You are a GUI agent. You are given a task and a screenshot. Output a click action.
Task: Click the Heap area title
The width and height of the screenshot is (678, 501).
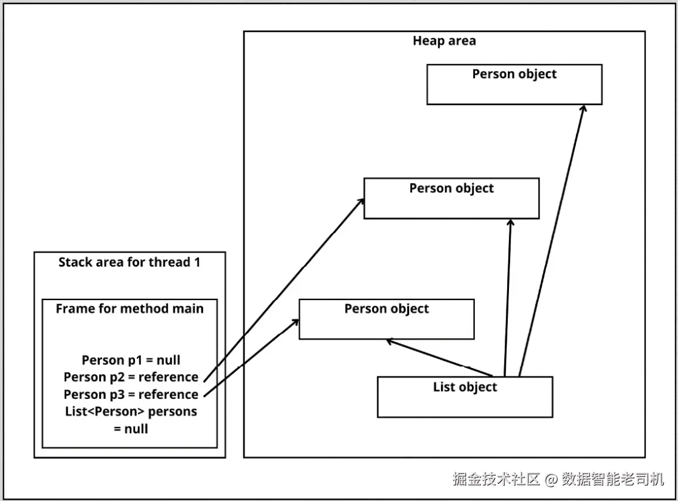tap(444, 41)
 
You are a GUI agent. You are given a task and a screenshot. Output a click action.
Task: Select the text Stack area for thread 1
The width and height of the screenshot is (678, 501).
tap(129, 262)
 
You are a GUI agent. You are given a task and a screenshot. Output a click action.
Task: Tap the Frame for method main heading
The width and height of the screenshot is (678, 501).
tap(130, 308)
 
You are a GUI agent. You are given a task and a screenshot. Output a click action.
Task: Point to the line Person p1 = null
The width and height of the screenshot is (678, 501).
tap(131, 360)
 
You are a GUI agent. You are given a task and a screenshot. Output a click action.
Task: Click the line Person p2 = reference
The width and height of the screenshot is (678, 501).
tap(131, 377)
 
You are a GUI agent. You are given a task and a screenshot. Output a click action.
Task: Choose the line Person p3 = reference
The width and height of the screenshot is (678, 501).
tap(131, 395)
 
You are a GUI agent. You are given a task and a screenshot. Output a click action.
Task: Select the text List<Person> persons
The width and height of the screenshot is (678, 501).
tap(131, 412)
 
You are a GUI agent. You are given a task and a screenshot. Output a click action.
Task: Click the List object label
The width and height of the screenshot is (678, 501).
tap(465, 387)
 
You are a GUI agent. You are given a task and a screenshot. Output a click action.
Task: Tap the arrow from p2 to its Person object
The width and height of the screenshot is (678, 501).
tap(284, 290)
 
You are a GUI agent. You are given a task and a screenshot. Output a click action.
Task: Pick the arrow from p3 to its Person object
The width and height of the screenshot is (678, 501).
tap(251, 358)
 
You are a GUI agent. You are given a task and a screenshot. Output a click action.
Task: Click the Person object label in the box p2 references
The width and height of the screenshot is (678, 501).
tap(451, 188)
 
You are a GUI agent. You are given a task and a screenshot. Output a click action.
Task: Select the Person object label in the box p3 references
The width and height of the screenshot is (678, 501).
tap(387, 309)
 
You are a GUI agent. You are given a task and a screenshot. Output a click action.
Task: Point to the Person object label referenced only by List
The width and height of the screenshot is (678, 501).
tap(514, 74)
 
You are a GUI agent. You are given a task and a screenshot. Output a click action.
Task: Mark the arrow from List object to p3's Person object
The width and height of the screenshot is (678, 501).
tap(439, 358)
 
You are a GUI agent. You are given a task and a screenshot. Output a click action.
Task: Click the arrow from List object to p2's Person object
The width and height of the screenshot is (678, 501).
tap(508, 298)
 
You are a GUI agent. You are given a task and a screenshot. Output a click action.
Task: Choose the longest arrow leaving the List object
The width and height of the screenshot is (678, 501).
tap(552, 241)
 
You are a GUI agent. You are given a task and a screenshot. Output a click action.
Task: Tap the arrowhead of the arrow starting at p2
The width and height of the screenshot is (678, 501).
tap(361, 201)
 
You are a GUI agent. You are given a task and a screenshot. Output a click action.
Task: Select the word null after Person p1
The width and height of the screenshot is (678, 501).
tap(168, 360)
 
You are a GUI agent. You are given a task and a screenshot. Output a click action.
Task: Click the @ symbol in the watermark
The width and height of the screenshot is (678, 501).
tap(551, 479)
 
